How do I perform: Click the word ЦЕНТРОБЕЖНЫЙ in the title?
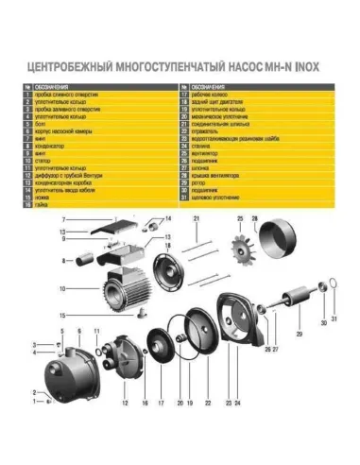pos(69,68)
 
